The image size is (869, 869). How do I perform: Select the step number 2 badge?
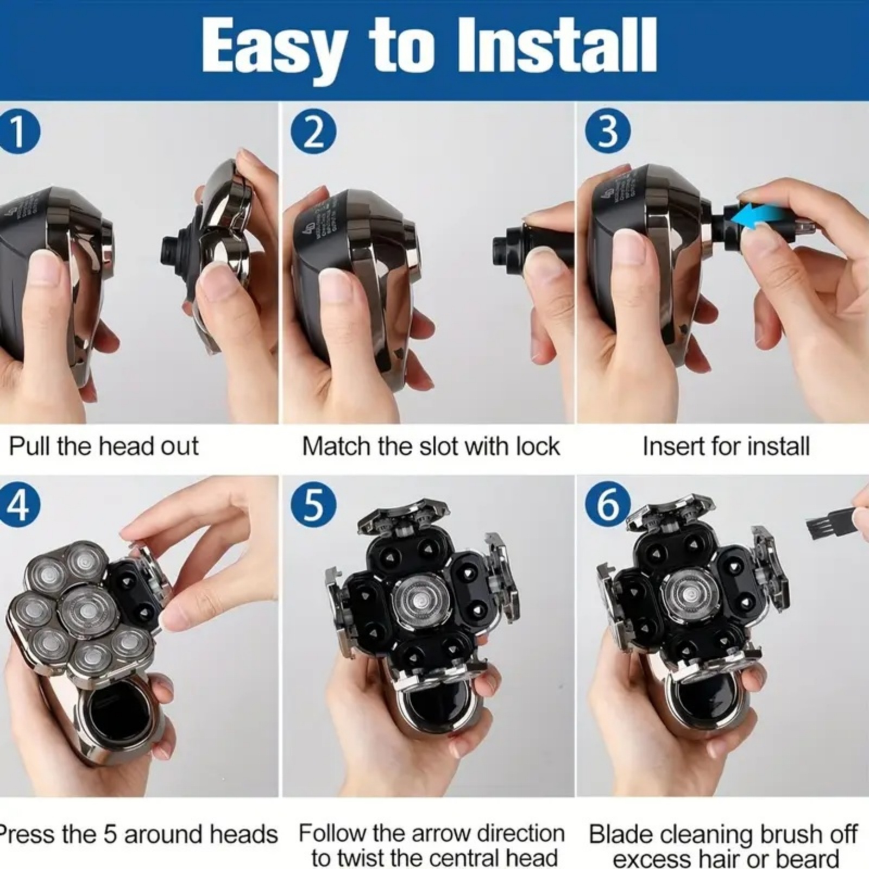tap(313, 132)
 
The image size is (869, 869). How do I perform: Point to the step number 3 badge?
tap(608, 132)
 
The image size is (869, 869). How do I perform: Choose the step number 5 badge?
tap(313, 506)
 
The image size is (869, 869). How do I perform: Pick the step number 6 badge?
tap(608, 506)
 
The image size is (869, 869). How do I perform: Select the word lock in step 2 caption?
tap(537, 446)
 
